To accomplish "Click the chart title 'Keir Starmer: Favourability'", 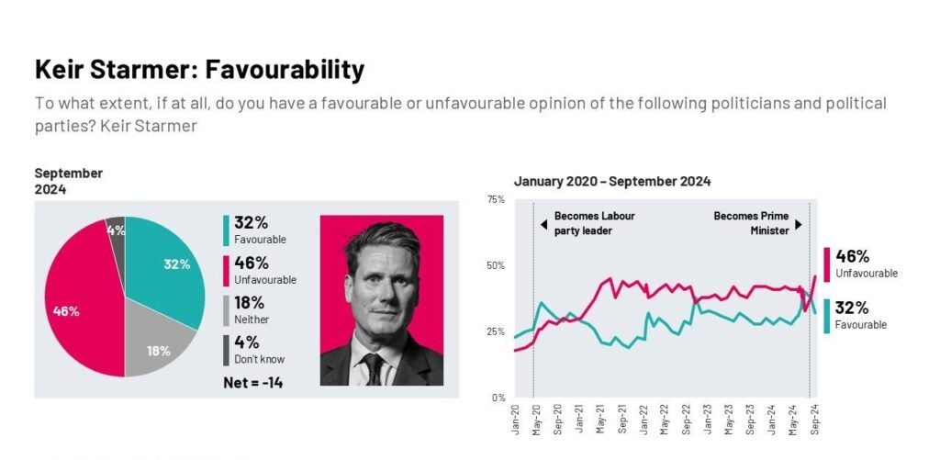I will tap(199, 69).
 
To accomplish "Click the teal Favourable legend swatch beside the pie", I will tap(226, 230).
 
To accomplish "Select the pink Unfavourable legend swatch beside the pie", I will tap(226, 270).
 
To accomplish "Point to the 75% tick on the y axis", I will tap(495, 199).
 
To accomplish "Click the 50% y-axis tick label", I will tap(495, 265).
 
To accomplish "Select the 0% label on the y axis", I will tap(498, 398).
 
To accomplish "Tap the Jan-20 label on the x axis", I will tap(515, 419).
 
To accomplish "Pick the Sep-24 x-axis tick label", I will tap(814, 419).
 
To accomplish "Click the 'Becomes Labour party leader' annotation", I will tap(593, 223).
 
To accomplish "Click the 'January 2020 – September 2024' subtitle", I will tap(611, 182).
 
